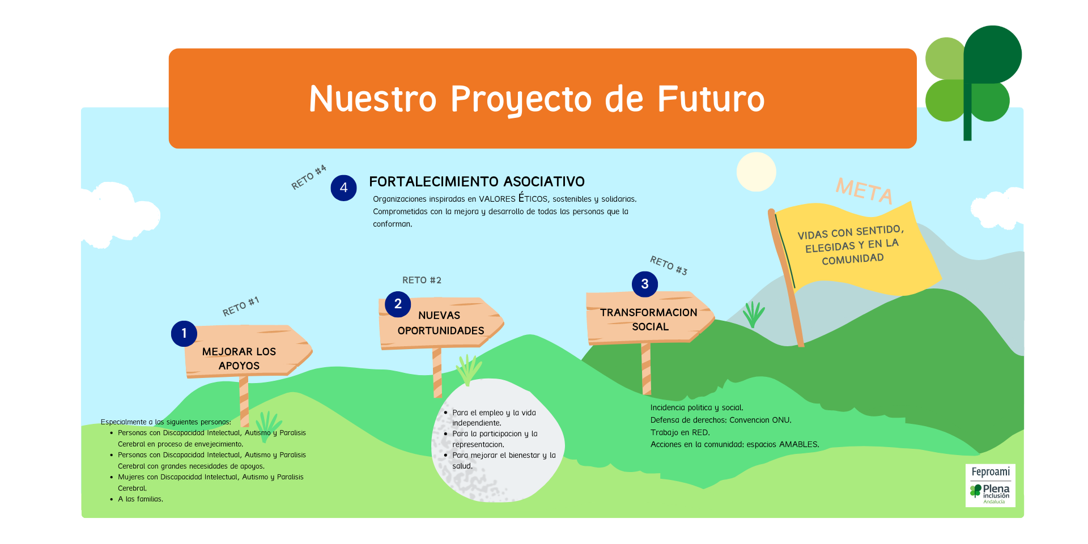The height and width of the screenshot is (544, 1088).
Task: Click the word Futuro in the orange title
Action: (x=711, y=99)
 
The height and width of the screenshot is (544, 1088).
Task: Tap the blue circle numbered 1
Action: (x=184, y=334)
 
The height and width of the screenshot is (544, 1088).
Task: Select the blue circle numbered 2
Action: (x=398, y=304)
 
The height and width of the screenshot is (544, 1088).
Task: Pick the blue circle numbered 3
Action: (x=644, y=284)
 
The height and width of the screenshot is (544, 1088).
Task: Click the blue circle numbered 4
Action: (x=343, y=188)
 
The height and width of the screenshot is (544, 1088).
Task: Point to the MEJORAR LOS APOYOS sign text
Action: (x=239, y=359)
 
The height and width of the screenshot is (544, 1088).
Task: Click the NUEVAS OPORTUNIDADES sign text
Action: (x=440, y=323)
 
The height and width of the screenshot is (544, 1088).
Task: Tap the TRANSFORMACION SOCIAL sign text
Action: (x=649, y=320)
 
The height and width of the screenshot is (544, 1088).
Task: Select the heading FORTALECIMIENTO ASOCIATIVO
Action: (x=477, y=181)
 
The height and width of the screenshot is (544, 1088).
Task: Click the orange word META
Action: (x=864, y=190)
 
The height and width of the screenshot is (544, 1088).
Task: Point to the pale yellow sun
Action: (x=756, y=172)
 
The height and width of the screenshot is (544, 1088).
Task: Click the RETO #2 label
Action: (x=422, y=280)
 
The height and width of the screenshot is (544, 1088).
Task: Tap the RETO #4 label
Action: (x=309, y=177)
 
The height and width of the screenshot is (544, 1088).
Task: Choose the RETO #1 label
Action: (x=241, y=307)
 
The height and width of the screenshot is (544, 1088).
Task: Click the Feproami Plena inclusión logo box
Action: (x=990, y=485)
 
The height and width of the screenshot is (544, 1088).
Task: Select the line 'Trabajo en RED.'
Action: (x=680, y=432)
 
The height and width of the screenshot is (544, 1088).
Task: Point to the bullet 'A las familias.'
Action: (x=141, y=499)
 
